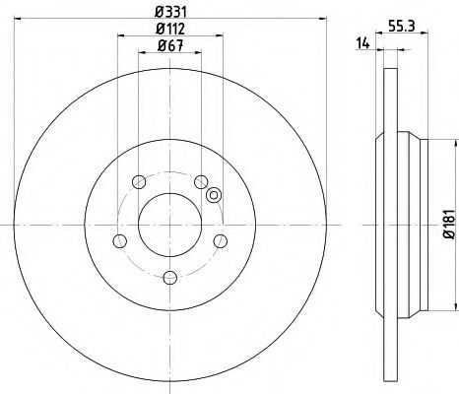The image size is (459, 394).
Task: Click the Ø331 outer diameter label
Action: (x=169, y=12)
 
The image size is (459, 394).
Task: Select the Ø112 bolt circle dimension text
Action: (x=169, y=28)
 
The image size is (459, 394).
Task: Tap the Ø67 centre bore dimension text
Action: (x=169, y=46)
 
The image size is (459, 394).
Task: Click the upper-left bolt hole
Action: (x=138, y=180)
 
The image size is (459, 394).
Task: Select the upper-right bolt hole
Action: (x=201, y=180)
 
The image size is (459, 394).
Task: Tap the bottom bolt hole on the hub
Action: (x=169, y=277)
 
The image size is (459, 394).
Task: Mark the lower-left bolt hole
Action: (x=119, y=240)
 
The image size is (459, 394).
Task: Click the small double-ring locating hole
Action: (x=212, y=195)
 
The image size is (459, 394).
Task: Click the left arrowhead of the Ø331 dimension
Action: (x=18, y=20)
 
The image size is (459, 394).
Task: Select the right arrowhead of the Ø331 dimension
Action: (x=321, y=20)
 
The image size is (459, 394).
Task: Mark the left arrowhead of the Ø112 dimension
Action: (x=120, y=36)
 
